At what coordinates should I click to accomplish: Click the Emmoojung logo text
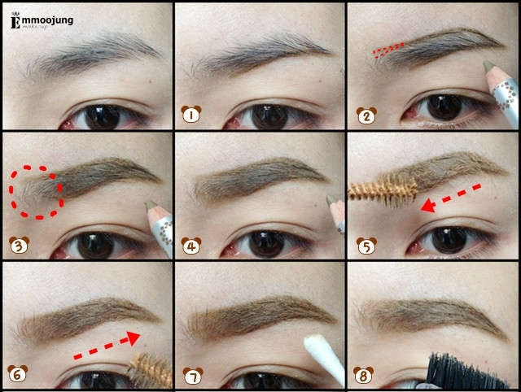click(x=42, y=21)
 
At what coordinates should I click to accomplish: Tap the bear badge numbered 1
click(x=191, y=114)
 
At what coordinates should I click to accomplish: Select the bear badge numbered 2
click(x=366, y=115)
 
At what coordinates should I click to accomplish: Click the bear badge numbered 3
click(x=19, y=245)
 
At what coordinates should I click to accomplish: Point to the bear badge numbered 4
click(x=191, y=246)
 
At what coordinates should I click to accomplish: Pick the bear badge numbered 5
click(x=366, y=246)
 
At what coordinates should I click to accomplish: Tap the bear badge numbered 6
click(x=18, y=373)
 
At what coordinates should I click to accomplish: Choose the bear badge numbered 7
click(x=193, y=376)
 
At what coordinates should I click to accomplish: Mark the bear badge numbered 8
click(x=364, y=375)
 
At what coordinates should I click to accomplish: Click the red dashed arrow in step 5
click(x=450, y=198)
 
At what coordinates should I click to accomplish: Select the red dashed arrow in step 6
click(x=107, y=346)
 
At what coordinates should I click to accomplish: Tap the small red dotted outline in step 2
click(x=387, y=50)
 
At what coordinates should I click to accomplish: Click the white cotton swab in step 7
click(x=324, y=359)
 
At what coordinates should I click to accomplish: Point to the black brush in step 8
click(x=465, y=372)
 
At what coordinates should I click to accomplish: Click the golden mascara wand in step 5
click(x=382, y=190)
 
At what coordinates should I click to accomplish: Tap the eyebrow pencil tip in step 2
click(x=488, y=67)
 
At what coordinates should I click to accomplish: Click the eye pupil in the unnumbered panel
click(x=103, y=117)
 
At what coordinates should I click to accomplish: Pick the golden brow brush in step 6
click(x=150, y=370)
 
